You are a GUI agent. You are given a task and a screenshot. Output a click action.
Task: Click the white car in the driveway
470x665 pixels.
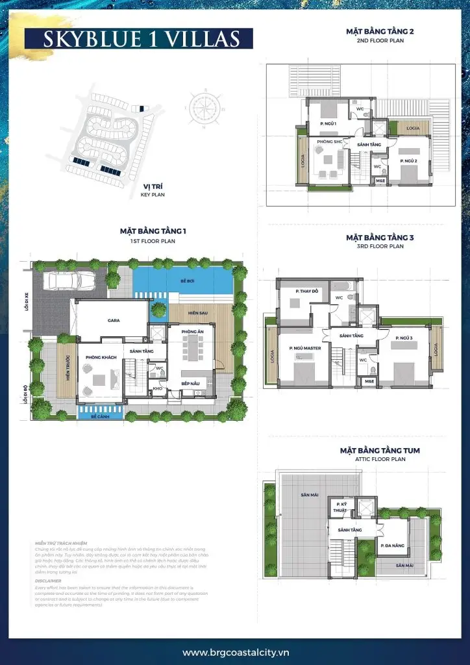pos(69,280)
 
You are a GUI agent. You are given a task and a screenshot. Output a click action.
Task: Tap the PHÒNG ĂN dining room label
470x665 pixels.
pos(192,331)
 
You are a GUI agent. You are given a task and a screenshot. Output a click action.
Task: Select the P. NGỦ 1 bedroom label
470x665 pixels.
pos(328,123)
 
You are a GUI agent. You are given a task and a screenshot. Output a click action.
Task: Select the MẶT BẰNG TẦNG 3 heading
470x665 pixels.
pos(380,238)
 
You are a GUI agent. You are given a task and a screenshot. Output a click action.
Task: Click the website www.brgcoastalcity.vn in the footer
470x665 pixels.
pos(234,652)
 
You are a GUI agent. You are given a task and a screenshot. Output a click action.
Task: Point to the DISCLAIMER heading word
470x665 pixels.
pos(49,581)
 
